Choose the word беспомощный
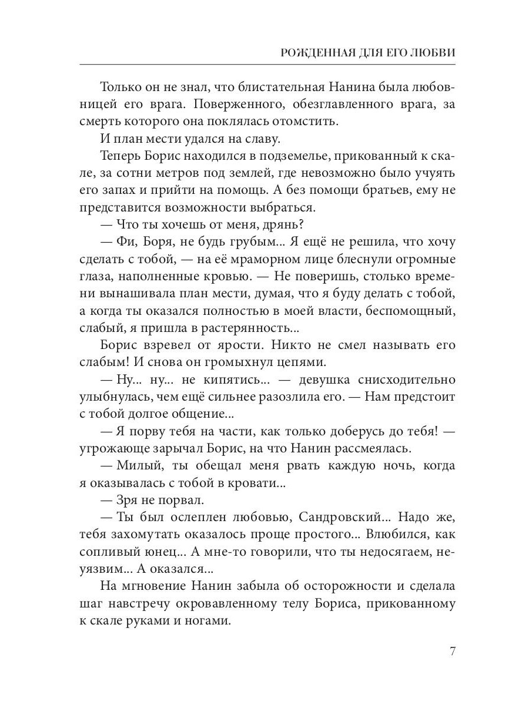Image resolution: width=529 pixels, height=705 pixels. pyautogui.click(x=410, y=311)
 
